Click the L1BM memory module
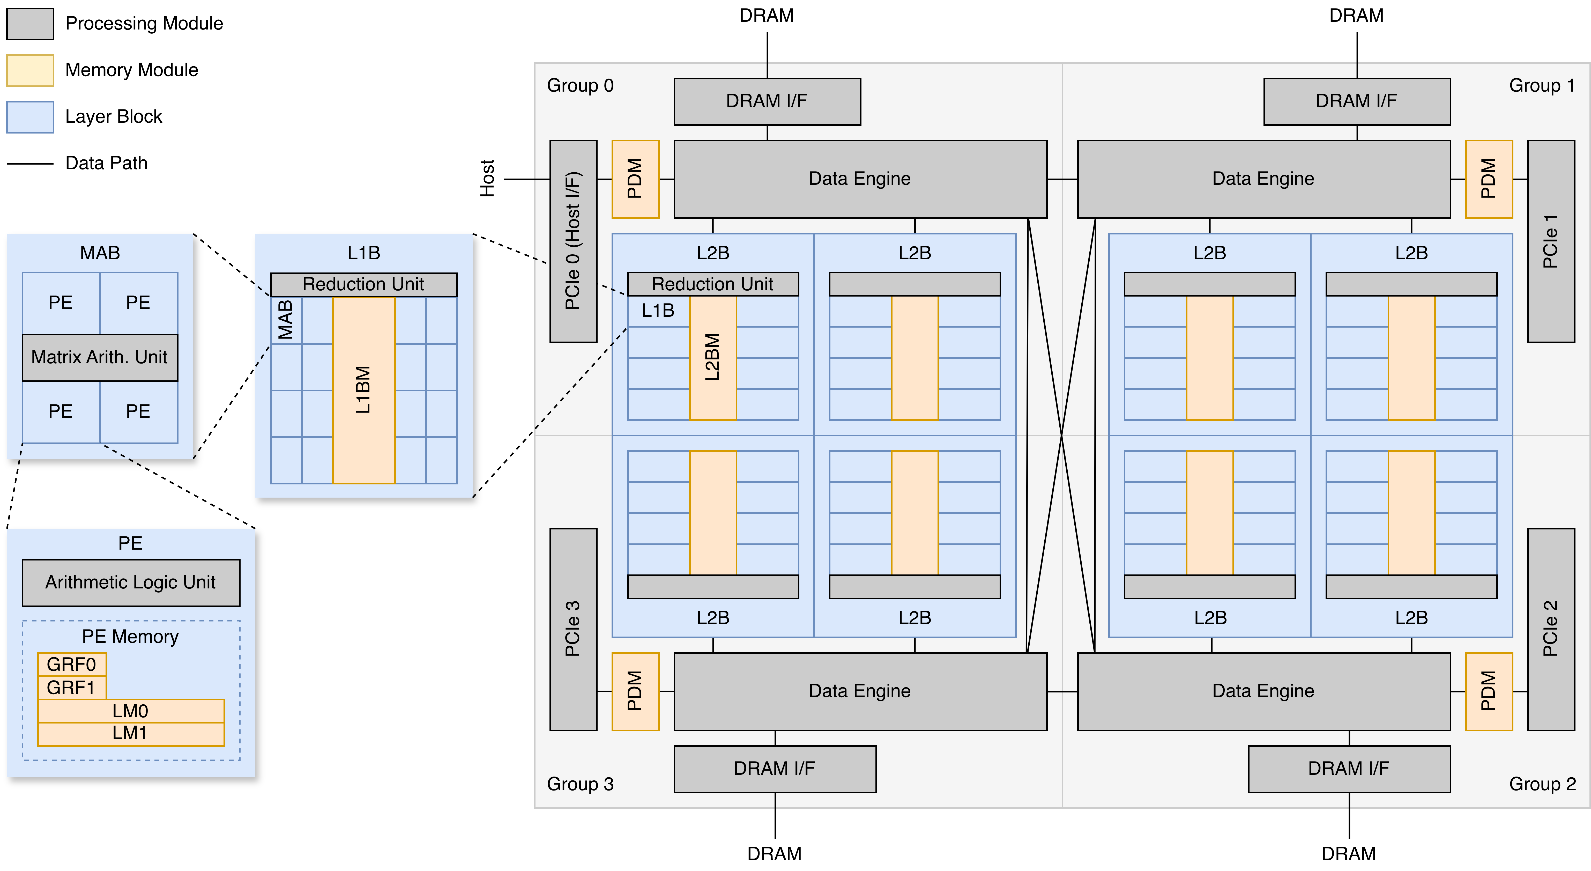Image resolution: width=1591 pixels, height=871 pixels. tap(364, 390)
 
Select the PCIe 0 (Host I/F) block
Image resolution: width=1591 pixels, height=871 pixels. tap(573, 241)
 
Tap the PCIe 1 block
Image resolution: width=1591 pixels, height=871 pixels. tap(1551, 241)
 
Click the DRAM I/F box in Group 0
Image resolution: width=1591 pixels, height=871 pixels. tap(767, 101)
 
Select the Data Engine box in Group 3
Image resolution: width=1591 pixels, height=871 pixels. tap(860, 691)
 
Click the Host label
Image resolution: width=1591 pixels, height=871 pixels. tap(487, 179)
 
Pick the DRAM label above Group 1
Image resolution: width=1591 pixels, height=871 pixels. tap(1356, 16)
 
